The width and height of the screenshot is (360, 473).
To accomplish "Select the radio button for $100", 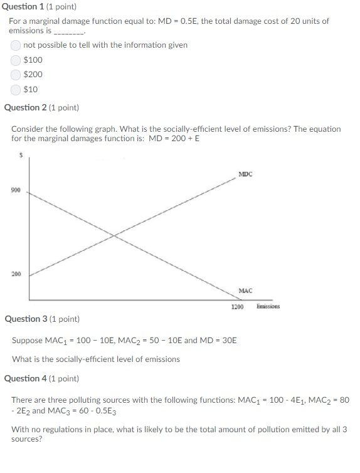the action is (x=16, y=60).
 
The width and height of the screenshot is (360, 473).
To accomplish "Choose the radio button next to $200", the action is (x=16, y=75).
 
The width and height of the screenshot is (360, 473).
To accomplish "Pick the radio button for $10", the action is (x=16, y=89).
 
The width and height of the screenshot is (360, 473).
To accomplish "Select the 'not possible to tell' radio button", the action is (x=16, y=45).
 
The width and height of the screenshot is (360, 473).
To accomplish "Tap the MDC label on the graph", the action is (x=245, y=174).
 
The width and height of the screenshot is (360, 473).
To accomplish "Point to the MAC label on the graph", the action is (x=245, y=290).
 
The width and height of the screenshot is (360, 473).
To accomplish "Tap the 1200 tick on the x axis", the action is (x=237, y=307).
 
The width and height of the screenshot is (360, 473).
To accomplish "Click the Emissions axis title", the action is (x=268, y=307).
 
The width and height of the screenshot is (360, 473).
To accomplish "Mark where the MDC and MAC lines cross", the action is (x=114, y=235).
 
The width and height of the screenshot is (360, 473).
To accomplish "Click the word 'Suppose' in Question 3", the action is (x=27, y=340).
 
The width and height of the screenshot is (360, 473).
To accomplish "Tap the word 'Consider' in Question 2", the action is (x=27, y=129).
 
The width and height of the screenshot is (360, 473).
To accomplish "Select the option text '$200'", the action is (x=33, y=75).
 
